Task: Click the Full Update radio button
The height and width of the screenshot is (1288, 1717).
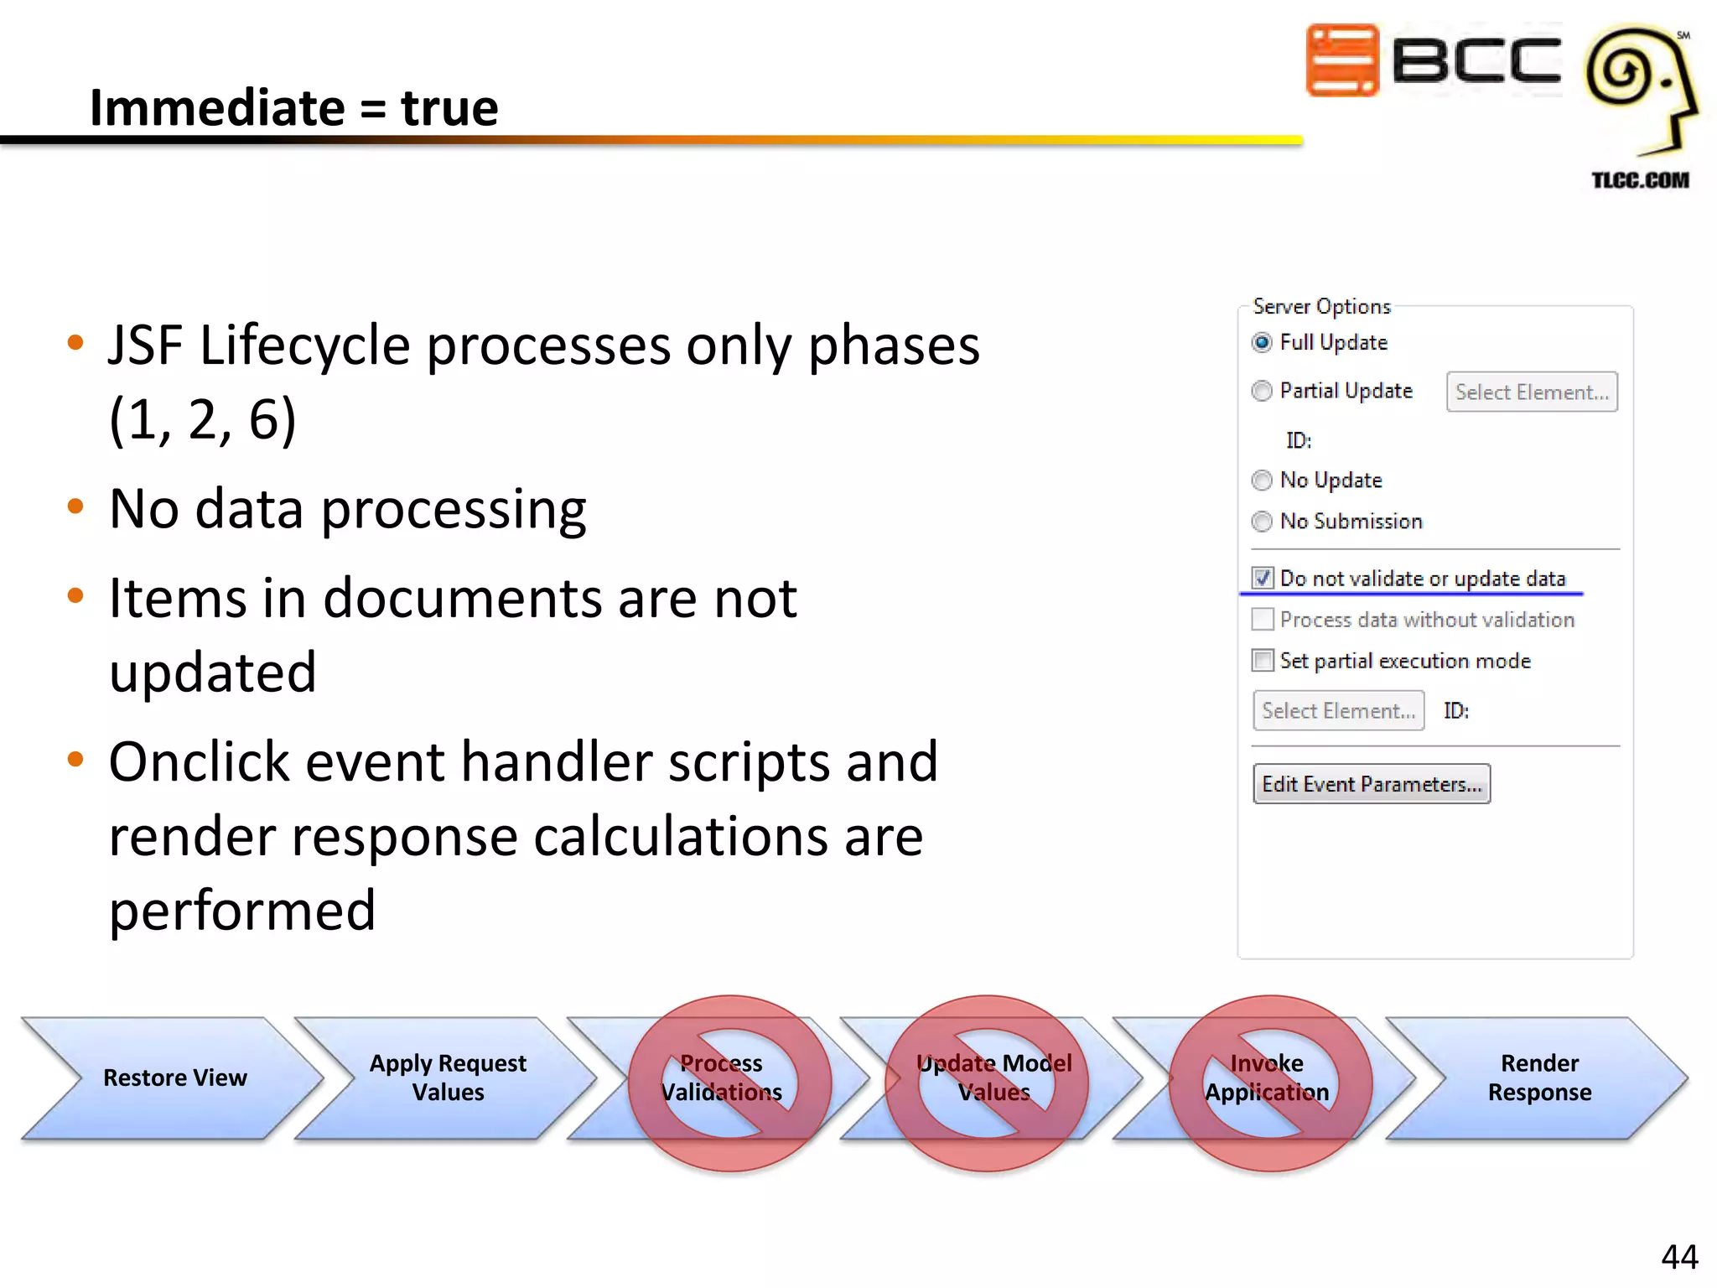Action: pos(1262,343)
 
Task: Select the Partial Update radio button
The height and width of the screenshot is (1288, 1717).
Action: pos(1262,392)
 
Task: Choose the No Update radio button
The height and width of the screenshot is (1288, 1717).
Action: pos(1262,480)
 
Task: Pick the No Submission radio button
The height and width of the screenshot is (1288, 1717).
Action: pos(1262,522)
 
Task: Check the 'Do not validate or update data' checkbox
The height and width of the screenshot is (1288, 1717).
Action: pos(1263,579)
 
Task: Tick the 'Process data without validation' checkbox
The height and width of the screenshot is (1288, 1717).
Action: pos(1263,620)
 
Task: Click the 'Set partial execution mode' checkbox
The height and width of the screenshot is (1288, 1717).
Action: pos(1263,661)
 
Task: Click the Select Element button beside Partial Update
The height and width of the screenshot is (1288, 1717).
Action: pos(1531,392)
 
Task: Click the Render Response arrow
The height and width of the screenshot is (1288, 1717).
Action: pos(1539,1078)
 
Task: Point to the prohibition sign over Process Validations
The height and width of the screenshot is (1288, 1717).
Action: pos(729,1083)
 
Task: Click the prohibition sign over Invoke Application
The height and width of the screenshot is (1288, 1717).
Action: pos(1270,1083)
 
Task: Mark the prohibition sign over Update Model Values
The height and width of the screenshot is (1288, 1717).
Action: pos(987,1083)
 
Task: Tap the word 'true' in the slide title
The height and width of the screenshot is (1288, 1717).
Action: pos(449,108)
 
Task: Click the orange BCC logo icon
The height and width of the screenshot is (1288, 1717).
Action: pos(1342,60)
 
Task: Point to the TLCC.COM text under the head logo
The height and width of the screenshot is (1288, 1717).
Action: pos(1640,180)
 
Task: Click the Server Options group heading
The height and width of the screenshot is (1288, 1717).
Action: pos(1321,307)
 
